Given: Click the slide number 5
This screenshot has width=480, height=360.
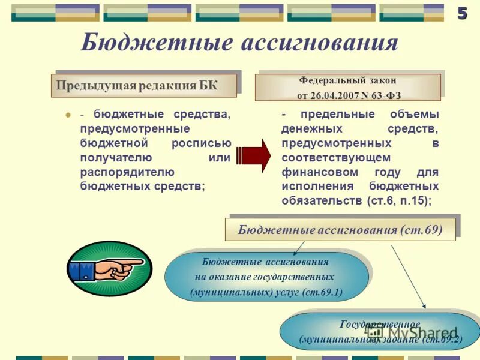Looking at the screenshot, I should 462,14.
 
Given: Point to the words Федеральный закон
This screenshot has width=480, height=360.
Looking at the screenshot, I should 347,80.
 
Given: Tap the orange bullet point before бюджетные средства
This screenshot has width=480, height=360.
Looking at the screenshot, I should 68,115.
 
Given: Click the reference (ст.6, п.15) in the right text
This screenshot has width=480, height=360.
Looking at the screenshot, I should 399,200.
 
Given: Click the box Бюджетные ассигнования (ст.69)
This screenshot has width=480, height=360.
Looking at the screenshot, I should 340,229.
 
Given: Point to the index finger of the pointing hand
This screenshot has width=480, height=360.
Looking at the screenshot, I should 129,262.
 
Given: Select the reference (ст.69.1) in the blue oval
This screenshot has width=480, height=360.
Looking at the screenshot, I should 322,292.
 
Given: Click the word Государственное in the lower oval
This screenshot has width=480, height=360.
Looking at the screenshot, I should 380,324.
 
